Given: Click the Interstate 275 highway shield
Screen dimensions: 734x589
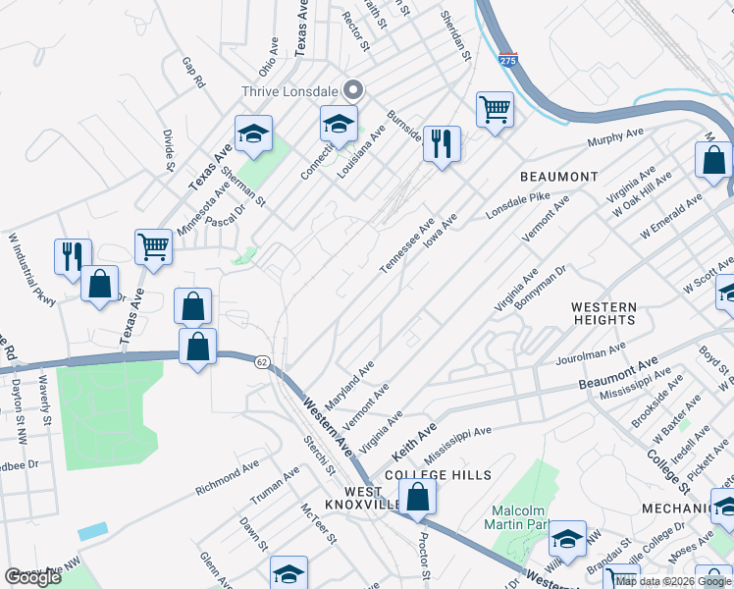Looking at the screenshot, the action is coord(507,60).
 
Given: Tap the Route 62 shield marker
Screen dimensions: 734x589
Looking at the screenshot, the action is coord(263,361).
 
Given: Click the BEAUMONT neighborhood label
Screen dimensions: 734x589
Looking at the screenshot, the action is coord(558,177).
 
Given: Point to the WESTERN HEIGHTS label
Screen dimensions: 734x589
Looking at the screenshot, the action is coord(604,313).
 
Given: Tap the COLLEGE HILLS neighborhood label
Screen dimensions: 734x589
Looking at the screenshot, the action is coord(438,474).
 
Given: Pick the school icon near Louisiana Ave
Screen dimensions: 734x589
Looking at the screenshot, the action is coord(339,125).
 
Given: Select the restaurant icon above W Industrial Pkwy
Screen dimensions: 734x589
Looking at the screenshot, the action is coord(73,257).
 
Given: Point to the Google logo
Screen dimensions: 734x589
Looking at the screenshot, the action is coord(32,577).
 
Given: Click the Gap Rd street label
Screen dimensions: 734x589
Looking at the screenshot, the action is coord(192,73).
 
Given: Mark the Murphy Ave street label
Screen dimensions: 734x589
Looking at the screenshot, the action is coord(614,138).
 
